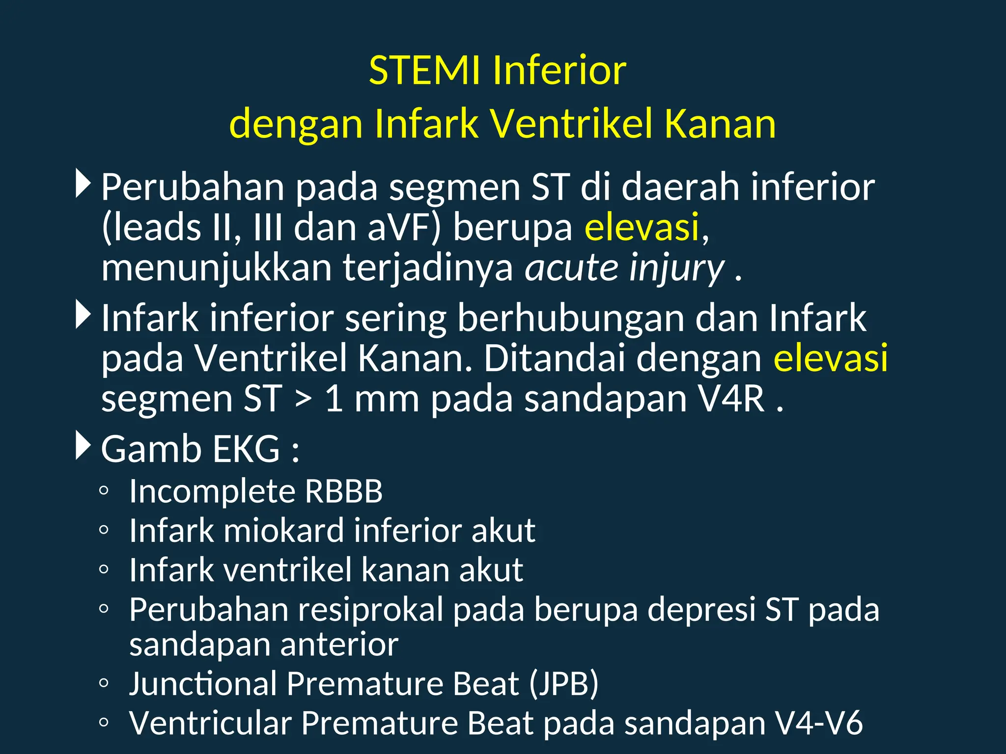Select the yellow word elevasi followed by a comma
point(642,227)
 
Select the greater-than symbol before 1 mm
point(303,399)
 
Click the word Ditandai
point(555,358)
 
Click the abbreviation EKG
point(246,449)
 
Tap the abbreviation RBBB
point(343,491)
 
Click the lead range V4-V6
point(818,723)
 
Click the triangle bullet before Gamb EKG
point(83,446)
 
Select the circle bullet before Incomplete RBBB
point(103,490)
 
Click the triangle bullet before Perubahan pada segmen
point(83,184)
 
